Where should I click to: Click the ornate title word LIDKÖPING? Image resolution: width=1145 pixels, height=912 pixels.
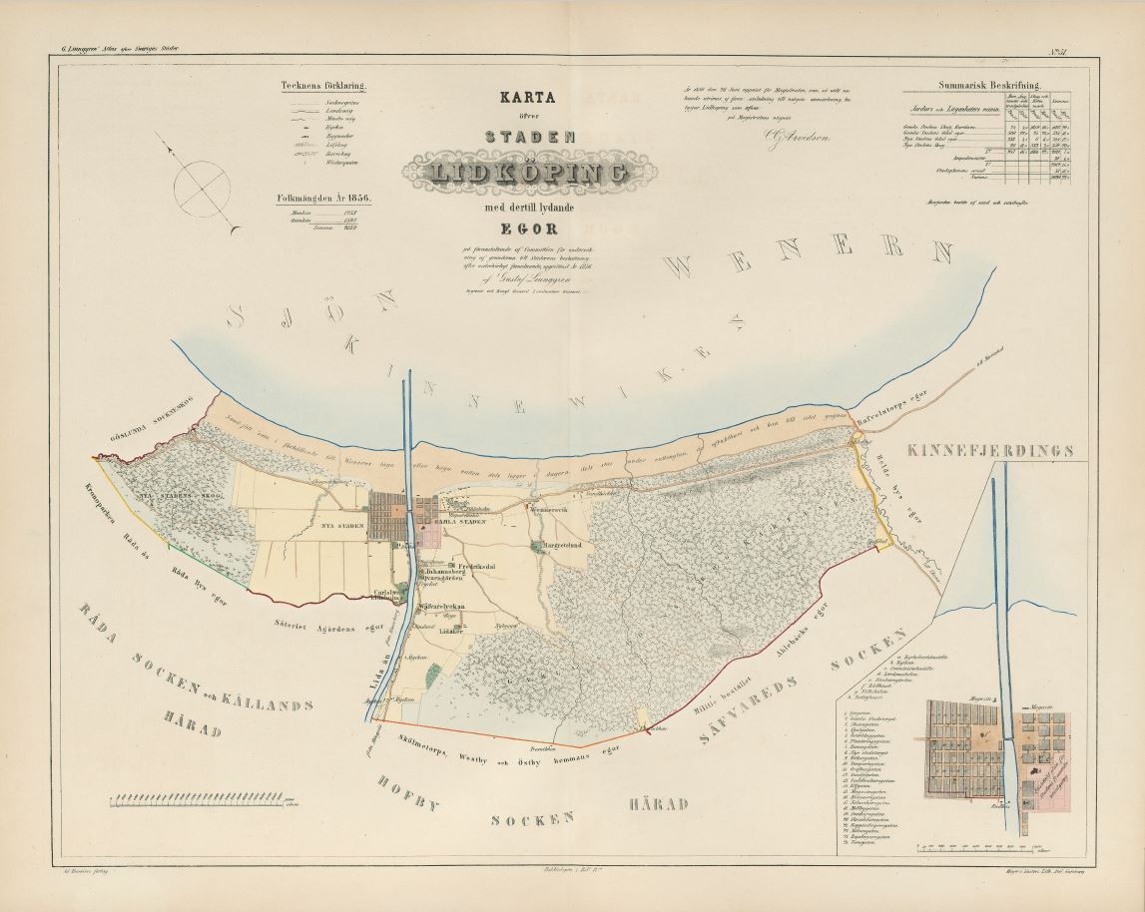click(517, 173)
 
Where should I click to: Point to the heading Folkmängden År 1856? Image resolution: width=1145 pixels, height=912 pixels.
click(323, 198)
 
